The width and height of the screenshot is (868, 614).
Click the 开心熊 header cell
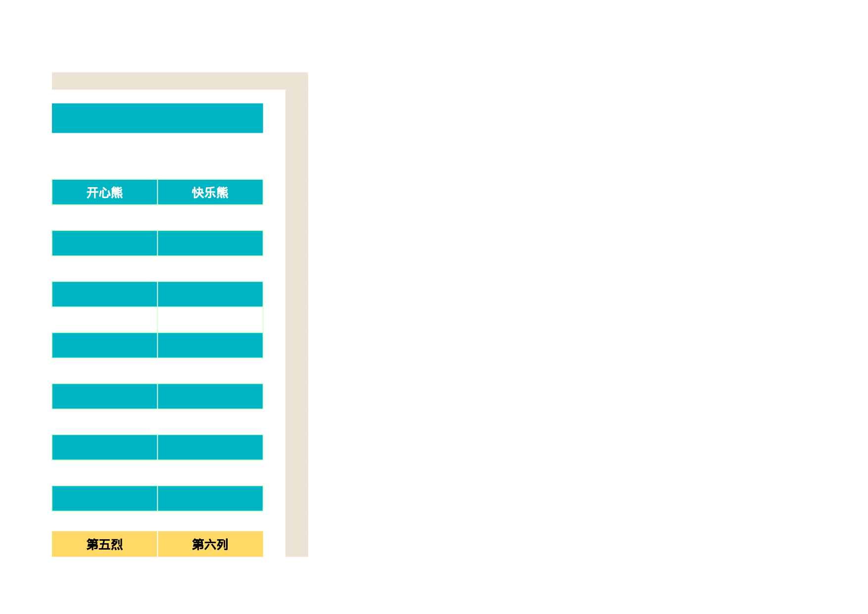click(104, 192)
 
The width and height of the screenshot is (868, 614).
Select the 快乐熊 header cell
click(210, 192)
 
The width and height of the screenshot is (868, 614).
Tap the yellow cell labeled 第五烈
click(104, 544)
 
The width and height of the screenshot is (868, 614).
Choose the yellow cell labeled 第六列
click(210, 544)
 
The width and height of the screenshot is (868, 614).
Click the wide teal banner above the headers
click(157, 118)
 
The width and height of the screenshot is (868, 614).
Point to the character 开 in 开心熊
click(93, 193)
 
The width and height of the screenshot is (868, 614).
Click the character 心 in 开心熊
click(104, 193)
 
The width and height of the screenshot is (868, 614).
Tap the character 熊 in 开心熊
click(117, 193)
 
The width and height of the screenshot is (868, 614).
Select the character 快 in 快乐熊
click(198, 193)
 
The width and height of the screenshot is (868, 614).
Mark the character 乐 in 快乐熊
click(210, 193)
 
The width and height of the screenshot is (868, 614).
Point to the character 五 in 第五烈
click(104, 545)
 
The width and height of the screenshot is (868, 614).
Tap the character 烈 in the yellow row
click(117, 545)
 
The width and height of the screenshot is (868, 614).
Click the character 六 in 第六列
click(210, 545)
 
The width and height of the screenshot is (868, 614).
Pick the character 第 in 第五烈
click(93, 545)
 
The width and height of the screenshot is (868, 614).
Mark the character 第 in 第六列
click(198, 545)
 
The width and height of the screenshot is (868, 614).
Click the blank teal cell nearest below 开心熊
click(104, 243)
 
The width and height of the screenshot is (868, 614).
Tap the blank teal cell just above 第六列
click(210, 498)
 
